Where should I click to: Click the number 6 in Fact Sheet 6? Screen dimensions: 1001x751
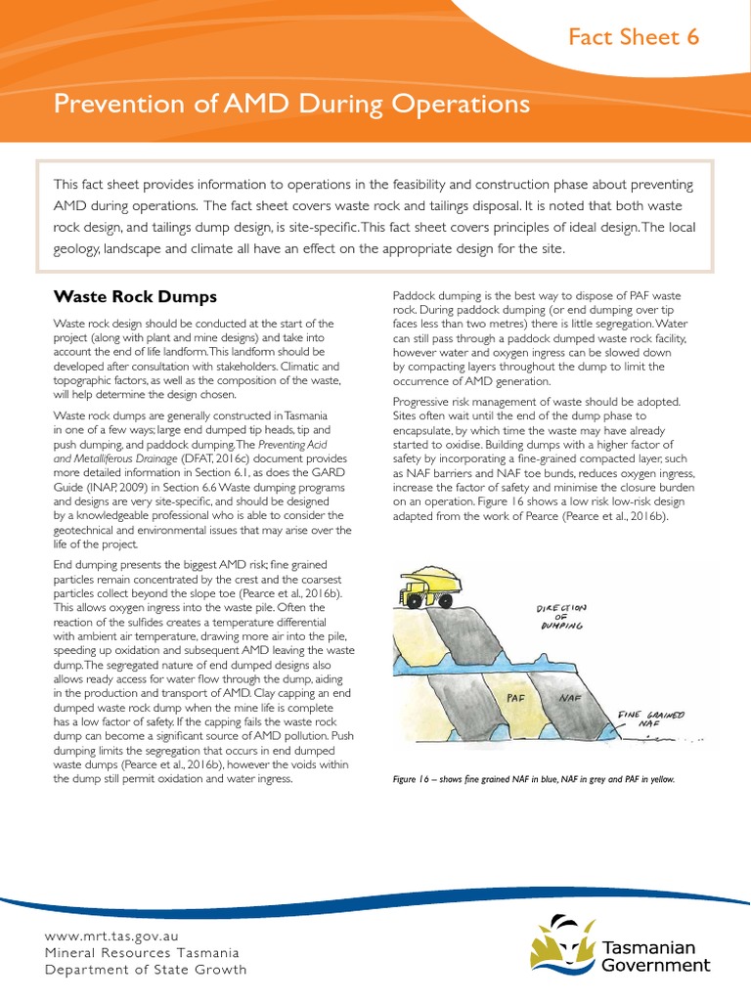692,38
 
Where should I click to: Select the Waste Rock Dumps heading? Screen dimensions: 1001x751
134,296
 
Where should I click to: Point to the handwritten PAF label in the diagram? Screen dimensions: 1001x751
517,698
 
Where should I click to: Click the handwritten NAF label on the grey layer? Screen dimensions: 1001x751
571,698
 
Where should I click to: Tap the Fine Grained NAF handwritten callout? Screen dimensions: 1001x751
649,719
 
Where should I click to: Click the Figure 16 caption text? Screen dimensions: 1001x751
532,779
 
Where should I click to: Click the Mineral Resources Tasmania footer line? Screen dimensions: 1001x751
141,952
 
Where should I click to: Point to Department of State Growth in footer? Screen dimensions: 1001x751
146,970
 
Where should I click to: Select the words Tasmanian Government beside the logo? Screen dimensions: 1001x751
654,956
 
